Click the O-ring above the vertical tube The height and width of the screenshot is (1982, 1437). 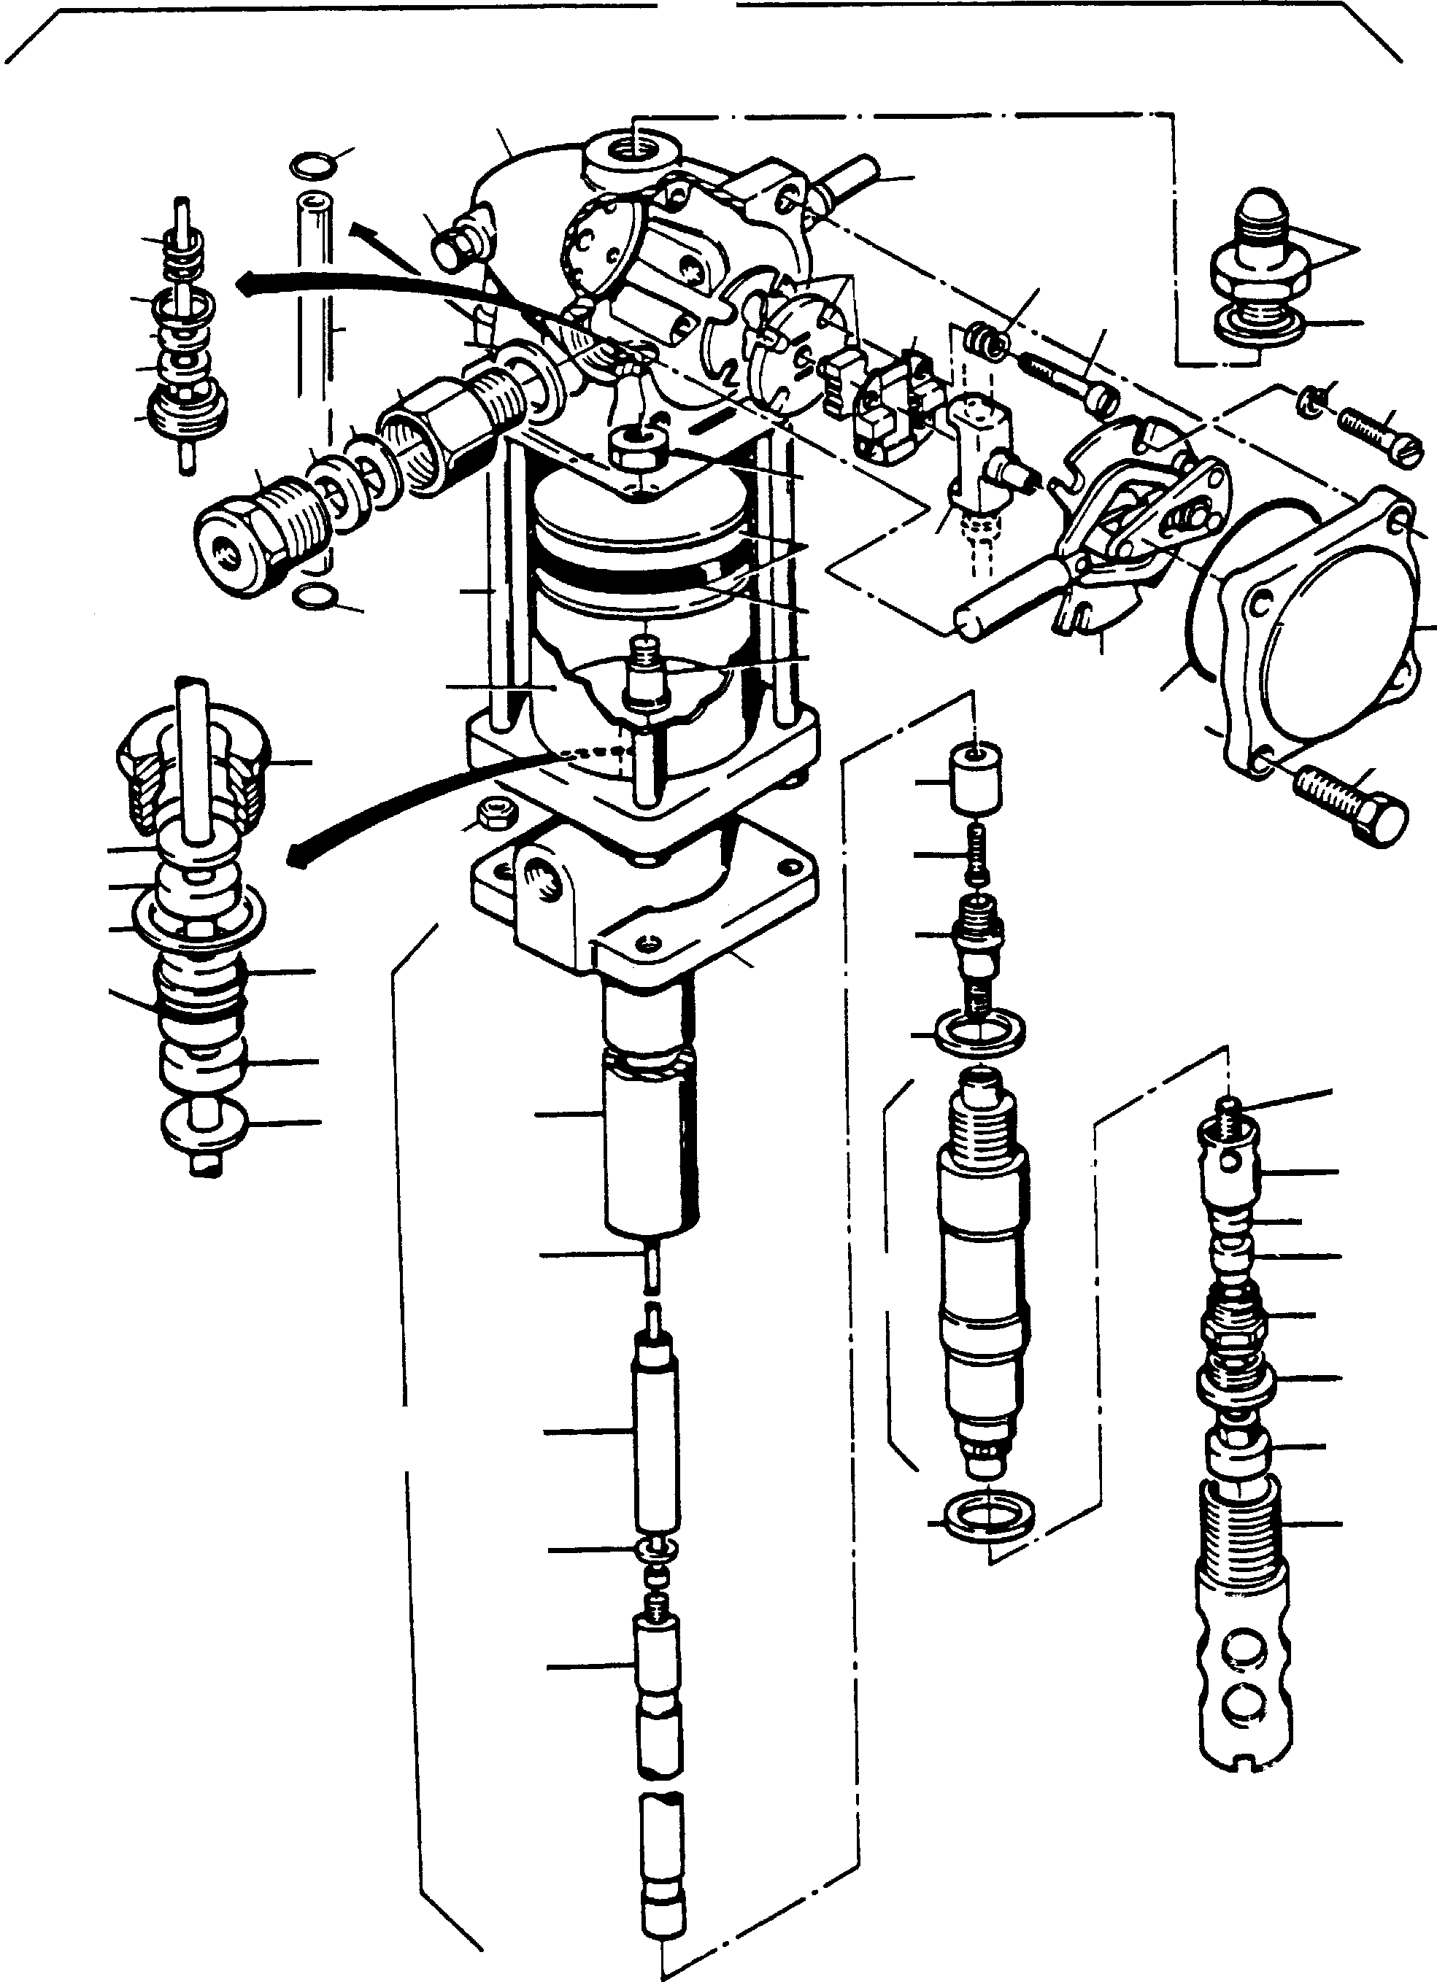click(x=314, y=163)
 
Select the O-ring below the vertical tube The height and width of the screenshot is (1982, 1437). click(x=313, y=597)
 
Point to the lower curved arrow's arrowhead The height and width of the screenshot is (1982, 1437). click(x=297, y=859)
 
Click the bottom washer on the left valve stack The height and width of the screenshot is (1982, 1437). click(x=205, y=1126)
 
